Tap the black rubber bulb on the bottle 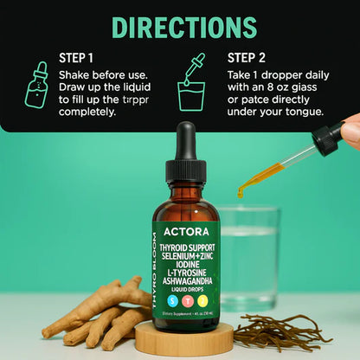(x=184, y=141)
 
